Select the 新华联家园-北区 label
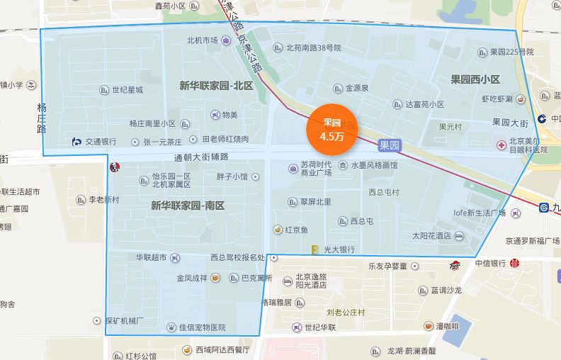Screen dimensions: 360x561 [x=216, y=86]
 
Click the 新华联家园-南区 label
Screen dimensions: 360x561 [x=187, y=206]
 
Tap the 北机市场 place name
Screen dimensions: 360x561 [x=202, y=40]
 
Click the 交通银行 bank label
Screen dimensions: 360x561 [x=101, y=142]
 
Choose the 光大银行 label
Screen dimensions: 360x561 [x=339, y=249]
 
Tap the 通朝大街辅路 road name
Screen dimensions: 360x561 [x=205, y=157]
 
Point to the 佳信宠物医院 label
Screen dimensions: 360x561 [x=201, y=327]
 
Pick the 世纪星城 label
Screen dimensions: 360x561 [x=127, y=90]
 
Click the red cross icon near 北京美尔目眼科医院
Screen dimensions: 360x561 [x=501, y=145]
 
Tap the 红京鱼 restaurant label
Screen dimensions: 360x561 [x=296, y=230]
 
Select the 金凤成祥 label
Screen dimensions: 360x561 [x=192, y=279]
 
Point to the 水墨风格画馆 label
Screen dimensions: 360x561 [x=373, y=165]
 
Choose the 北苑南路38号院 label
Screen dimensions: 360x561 [x=313, y=48]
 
